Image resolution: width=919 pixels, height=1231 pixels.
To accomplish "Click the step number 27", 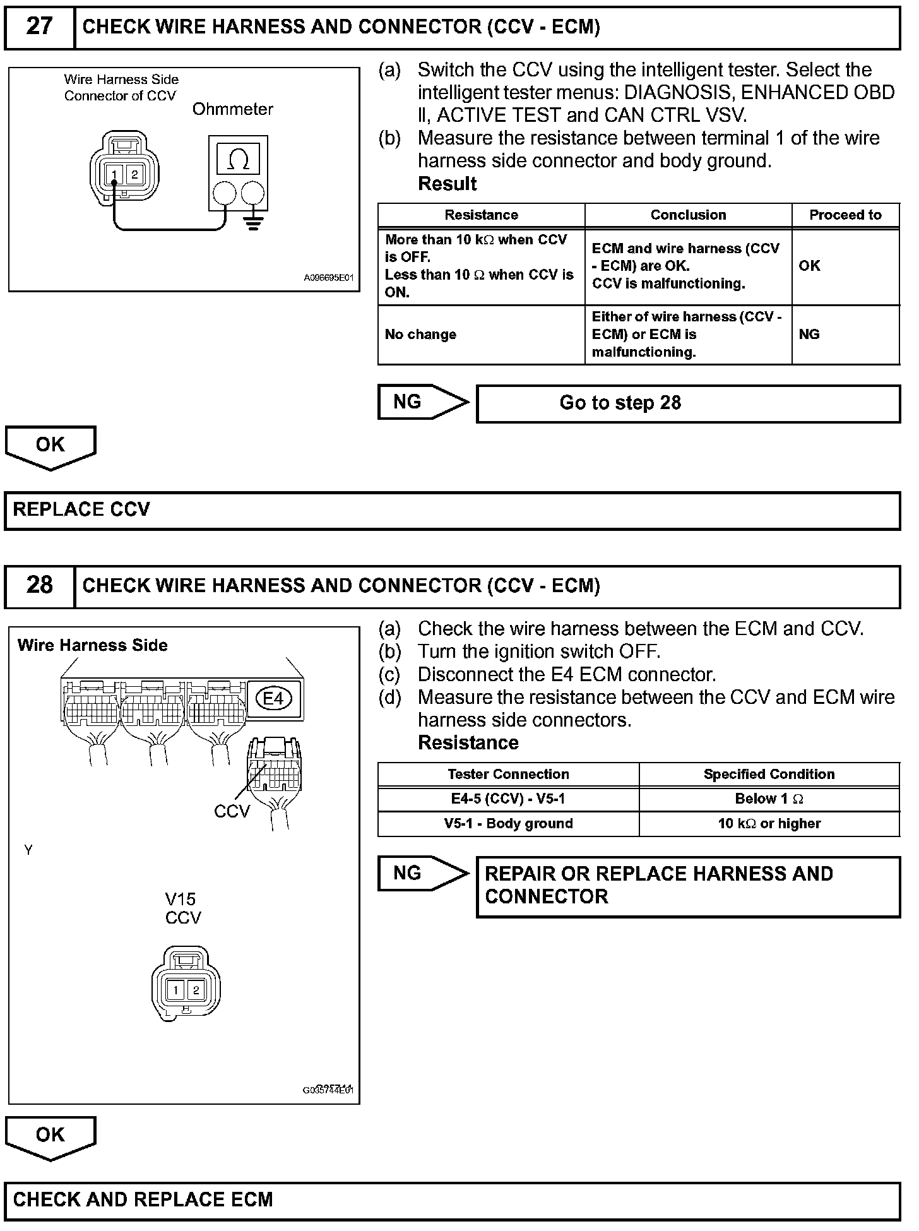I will coord(39,27).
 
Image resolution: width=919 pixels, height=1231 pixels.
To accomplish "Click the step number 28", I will coord(39,585).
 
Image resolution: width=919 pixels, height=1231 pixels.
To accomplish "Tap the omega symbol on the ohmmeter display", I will coord(238,158).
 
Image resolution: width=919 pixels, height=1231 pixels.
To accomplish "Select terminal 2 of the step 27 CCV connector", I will coord(134,175).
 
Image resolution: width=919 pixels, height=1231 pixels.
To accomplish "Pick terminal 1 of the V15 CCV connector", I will coord(175,989).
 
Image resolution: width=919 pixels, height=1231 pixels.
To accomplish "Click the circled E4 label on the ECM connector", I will coord(273,698).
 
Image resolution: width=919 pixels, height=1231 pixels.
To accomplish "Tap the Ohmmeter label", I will coord(232,109).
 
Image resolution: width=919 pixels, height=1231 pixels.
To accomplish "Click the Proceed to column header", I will coord(845,215).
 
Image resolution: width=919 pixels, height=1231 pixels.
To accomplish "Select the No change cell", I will coord(420,335).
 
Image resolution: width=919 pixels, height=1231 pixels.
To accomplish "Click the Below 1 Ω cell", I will coord(769,799).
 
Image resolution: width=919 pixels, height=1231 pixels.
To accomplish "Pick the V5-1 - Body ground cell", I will coord(508,823).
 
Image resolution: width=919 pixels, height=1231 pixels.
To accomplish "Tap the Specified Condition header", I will coord(769,774).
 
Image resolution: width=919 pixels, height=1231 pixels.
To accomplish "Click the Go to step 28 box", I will coord(687,403).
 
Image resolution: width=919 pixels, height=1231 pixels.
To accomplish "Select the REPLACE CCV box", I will coord(452,510).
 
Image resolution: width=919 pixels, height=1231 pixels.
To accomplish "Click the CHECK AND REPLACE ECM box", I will coord(452,1199).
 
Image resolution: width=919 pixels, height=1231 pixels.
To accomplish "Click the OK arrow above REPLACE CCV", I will coord(50,446).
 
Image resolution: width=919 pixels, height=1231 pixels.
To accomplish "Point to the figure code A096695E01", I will coord(329,277).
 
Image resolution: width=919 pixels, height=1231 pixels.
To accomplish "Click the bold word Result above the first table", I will coord(448,184).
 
